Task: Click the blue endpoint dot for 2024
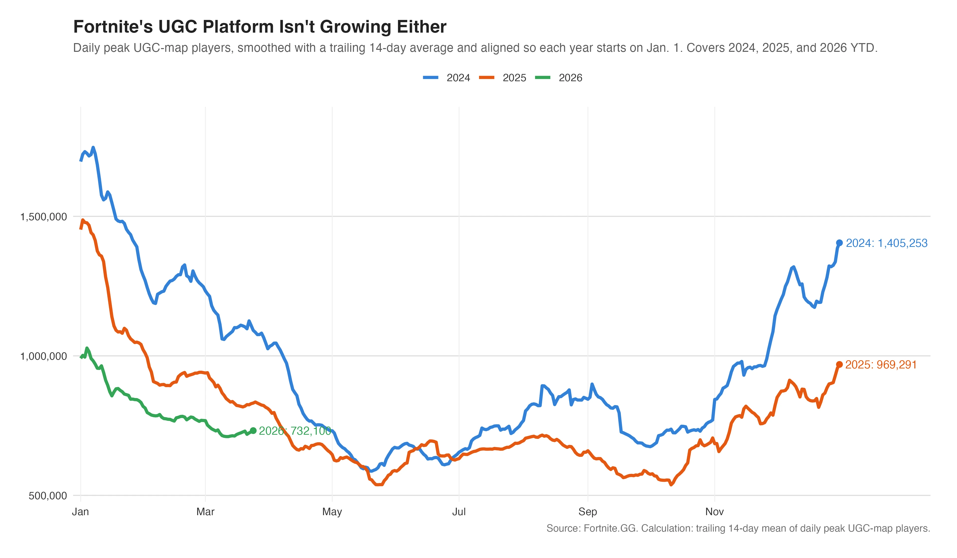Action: [839, 243]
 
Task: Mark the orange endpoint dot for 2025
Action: [839, 364]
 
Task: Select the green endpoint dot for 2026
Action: [253, 430]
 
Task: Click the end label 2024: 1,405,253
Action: [887, 243]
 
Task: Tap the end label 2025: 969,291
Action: [881, 365]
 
